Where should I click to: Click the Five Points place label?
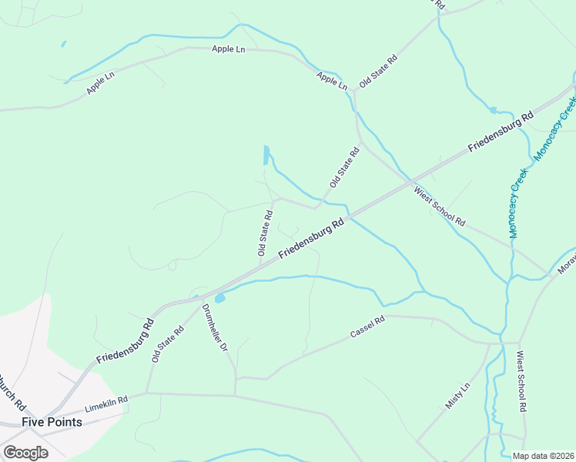pyautogui.click(x=52, y=422)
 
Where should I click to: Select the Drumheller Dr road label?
pyautogui.click(x=216, y=328)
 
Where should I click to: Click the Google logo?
pyautogui.click(x=25, y=453)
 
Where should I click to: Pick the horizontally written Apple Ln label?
pyautogui.click(x=228, y=49)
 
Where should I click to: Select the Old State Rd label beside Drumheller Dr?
pyautogui.click(x=168, y=344)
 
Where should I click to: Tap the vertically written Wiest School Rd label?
pyautogui.click(x=521, y=381)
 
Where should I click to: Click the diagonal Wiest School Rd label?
pyautogui.click(x=440, y=206)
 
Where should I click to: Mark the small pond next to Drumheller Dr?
pyautogui.click(x=219, y=298)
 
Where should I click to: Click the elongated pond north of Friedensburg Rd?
pyautogui.click(x=266, y=155)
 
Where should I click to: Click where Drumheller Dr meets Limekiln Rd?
pyautogui.click(x=235, y=396)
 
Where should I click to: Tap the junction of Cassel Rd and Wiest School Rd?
pyautogui.click(x=519, y=342)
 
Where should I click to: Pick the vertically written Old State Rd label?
pyautogui.click(x=264, y=233)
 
